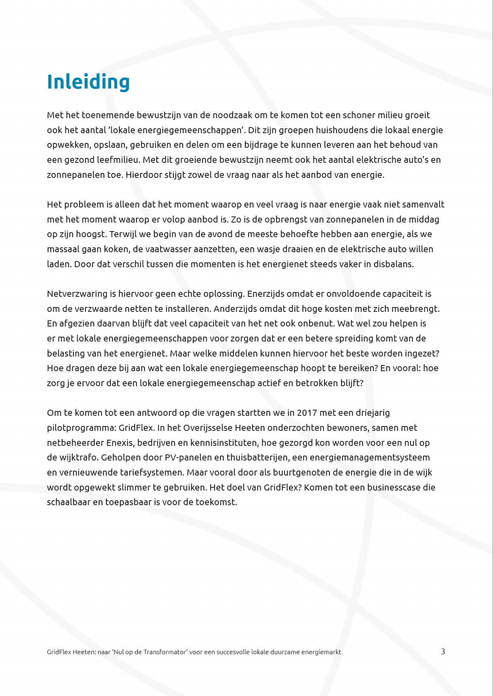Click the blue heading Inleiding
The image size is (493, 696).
coord(88,82)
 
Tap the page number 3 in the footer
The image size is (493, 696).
coord(443,651)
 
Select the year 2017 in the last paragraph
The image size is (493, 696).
coord(307,413)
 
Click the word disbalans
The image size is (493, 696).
coord(394,264)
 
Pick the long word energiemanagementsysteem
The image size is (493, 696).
coord(370,458)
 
